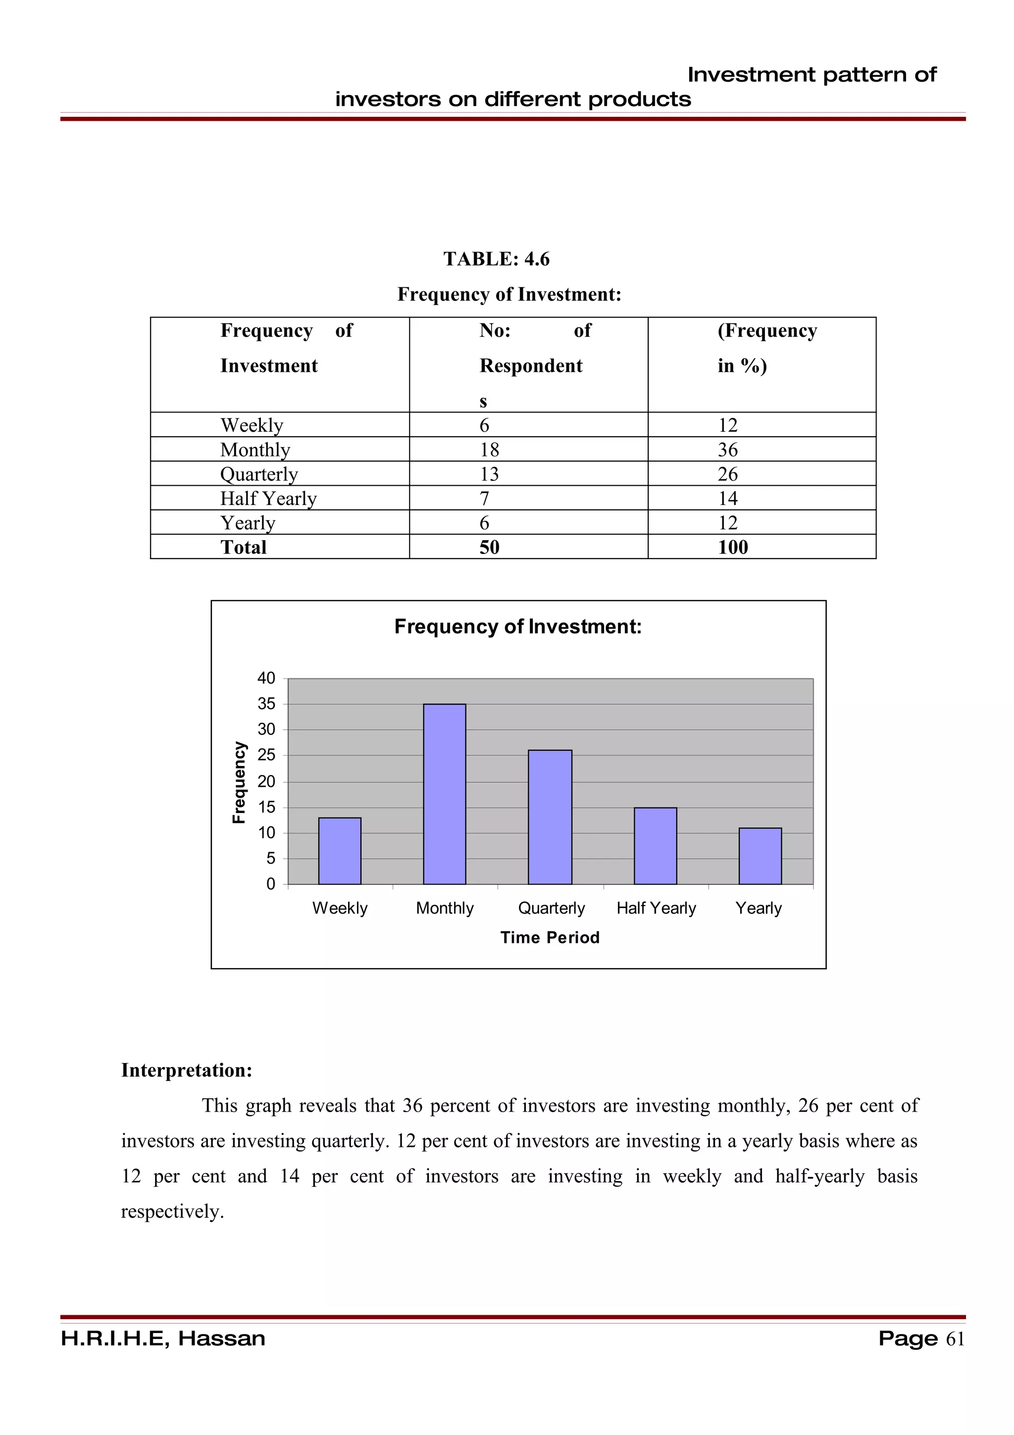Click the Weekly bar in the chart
pos(339,851)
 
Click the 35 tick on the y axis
pos(266,704)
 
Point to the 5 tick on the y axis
pos(270,858)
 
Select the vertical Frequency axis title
pos(239,782)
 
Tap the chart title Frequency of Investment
pos(518,626)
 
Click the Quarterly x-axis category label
pos(551,908)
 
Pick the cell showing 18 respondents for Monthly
pos(489,450)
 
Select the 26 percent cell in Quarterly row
pos(727,474)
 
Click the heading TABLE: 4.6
pos(496,259)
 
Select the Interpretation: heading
pos(186,1070)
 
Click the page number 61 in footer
pos(955,1339)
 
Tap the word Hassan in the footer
pos(221,1339)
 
